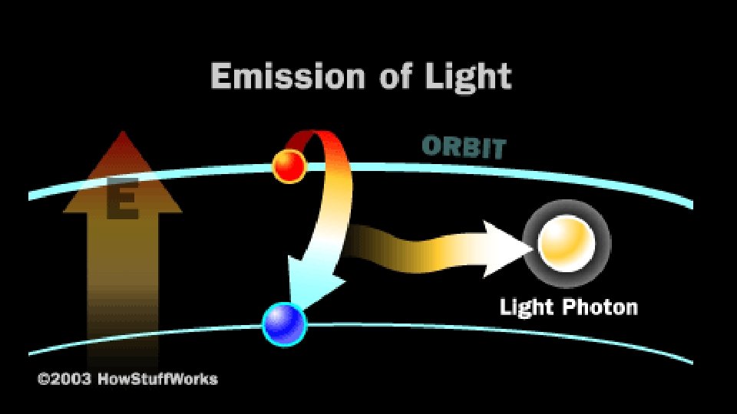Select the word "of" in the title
point(400,77)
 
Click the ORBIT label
point(464,146)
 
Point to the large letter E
point(121,202)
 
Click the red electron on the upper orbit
point(289,165)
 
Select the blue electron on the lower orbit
point(284,324)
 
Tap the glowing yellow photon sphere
point(567,242)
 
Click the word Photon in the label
point(599,308)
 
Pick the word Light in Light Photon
point(527,308)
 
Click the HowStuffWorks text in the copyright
point(157,379)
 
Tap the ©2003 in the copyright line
point(65,379)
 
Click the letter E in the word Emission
point(221,77)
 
